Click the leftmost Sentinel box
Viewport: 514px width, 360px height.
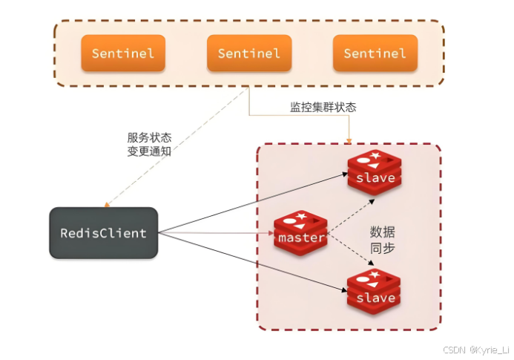123,53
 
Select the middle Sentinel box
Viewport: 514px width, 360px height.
249,53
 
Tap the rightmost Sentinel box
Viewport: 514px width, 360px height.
375,53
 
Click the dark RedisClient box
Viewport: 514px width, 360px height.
103,233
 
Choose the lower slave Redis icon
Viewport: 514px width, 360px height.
375,292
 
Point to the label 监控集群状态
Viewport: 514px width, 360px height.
323,108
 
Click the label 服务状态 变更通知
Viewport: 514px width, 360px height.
149,145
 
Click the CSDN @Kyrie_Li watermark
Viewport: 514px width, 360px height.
477,349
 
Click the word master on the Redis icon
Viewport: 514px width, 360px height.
300,238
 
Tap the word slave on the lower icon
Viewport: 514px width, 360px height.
375,298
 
